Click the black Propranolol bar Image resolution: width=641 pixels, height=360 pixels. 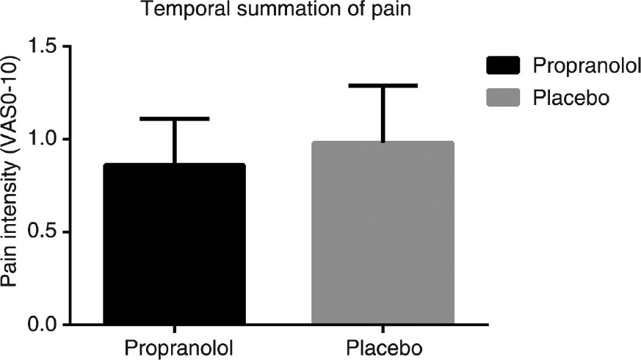[174, 243]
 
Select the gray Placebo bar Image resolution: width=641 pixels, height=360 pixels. [383, 232]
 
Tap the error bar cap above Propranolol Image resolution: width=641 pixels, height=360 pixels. [174, 118]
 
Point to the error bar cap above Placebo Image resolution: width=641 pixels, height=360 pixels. [383, 86]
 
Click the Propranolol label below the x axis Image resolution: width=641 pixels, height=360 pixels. [174, 346]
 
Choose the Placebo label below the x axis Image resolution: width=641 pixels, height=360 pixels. [383, 346]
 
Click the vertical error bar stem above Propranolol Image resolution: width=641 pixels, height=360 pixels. [174, 141]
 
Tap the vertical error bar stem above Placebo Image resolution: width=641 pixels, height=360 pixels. [383, 114]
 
